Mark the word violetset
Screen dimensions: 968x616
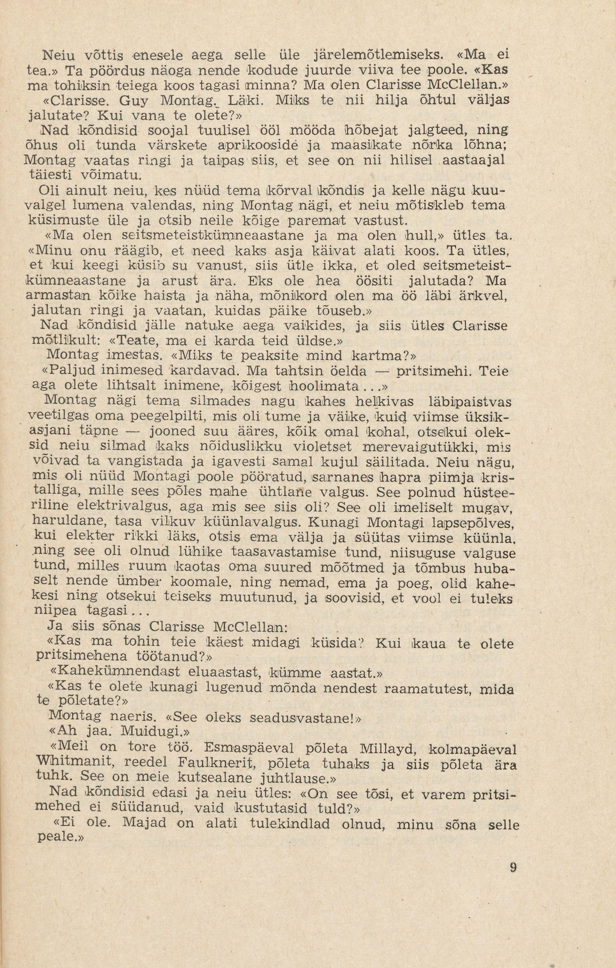pyautogui.click(x=323, y=447)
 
